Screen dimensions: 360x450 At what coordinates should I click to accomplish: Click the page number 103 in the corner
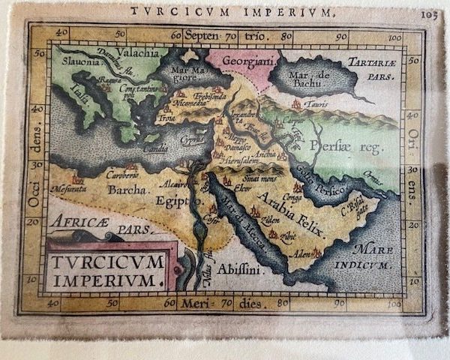(x=430, y=13)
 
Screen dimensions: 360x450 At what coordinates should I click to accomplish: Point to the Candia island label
(x=156, y=149)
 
